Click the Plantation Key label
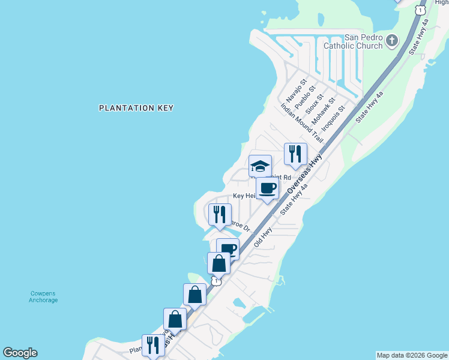pyautogui.click(x=136, y=108)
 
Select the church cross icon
pyautogui.click(x=392, y=41)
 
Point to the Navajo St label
pyautogui.click(x=297, y=90)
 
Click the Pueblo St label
pyautogui.click(x=306, y=95)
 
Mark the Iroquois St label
pyautogui.click(x=333, y=119)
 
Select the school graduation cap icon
pyautogui.click(x=260, y=166)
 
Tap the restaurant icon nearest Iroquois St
pyautogui.click(x=295, y=154)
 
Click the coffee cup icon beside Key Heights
pyautogui.click(x=267, y=188)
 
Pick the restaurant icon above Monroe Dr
pyautogui.click(x=219, y=214)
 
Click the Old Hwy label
pyautogui.click(x=263, y=236)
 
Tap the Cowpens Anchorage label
pyautogui.click(x=43, y=296)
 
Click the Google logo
pyautogui.click(x=20, y=353)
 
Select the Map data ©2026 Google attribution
pyautogui.click(x=412, y=355)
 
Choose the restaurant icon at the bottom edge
pyautogui.click(x=152, y=345)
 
